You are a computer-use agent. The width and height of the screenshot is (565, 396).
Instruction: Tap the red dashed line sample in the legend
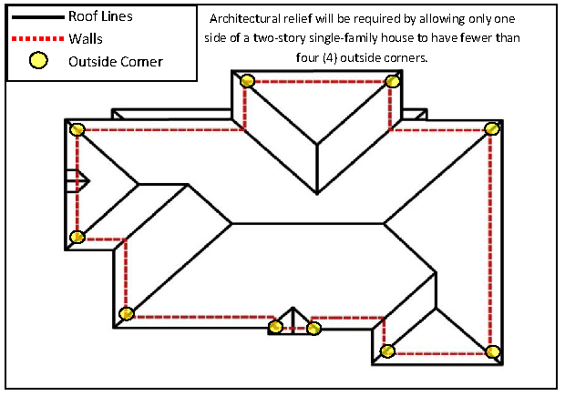[x=37, y=39]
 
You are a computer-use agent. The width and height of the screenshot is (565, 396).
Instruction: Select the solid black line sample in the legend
[x=37, y=16]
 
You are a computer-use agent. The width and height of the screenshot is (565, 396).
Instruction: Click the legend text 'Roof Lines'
[x=100, y=16]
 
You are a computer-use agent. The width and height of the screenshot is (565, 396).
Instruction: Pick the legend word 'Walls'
[x=86, y=39]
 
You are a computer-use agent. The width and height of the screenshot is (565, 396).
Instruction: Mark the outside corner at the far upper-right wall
[x=492, y=128]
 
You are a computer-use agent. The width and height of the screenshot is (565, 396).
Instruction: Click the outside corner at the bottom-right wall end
[x=493, y=351]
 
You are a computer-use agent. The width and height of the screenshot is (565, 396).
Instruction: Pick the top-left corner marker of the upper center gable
[x=247, y=81]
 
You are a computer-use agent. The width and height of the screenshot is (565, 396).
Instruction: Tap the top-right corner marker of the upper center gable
[x=393, y=82]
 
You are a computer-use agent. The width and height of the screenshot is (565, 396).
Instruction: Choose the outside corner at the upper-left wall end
[x=77, y=130]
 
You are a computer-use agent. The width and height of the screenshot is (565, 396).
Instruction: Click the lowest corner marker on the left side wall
[x=127, y=314]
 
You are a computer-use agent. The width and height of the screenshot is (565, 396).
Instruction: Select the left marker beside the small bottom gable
[x=274, y=327]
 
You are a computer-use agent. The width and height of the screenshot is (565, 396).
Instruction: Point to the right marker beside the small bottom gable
[x=314, y=328]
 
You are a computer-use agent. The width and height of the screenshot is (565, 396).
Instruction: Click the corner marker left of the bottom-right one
[x=387, y=351]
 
